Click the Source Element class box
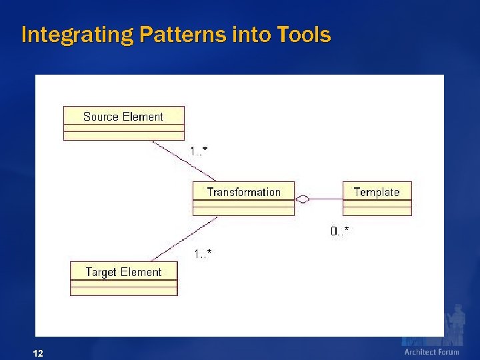123,123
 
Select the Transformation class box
243,198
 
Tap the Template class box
377,198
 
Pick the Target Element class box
123,278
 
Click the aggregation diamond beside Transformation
303,199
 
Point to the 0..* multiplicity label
339,231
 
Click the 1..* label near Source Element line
198,151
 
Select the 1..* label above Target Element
203,253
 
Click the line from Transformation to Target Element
184,239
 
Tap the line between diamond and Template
327,199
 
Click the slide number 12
38,353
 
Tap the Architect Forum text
431,352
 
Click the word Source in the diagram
101,117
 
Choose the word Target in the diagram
101,272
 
